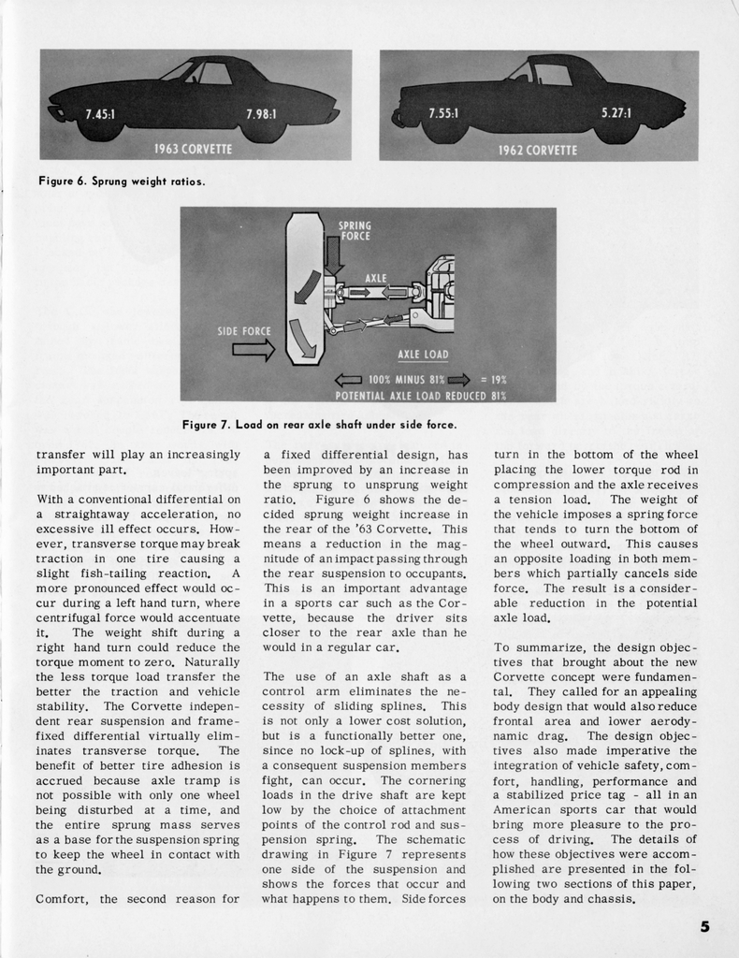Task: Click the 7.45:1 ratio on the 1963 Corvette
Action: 100,114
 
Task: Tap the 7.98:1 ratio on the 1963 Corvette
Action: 261,114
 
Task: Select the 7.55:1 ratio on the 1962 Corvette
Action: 443,113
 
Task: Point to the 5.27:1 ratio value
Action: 616,113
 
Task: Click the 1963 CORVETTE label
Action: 193,149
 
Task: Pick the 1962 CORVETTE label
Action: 538,149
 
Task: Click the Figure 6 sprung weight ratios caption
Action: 122,181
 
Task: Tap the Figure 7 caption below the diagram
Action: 319,426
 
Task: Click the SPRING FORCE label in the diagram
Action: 355,230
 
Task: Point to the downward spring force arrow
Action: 335,255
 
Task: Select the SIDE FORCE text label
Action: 244,331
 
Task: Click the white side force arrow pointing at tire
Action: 253,350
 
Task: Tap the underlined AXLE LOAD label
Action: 423,355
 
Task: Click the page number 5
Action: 704,927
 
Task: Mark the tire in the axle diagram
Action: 303,290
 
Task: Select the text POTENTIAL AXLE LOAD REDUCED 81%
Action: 420,395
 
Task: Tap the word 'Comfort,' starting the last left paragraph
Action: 64,899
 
